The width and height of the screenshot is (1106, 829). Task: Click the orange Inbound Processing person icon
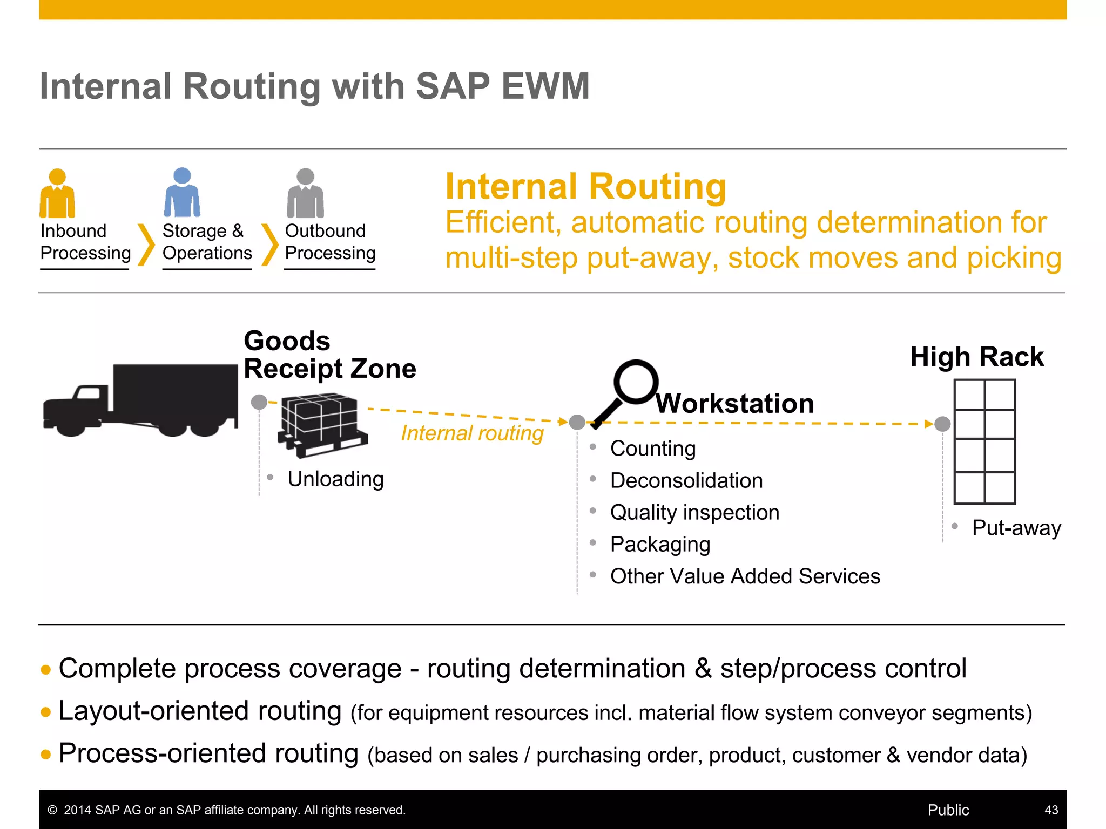coord(57,194)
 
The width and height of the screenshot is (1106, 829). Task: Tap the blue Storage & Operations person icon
coord(182,193)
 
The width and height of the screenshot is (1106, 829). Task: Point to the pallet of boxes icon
coord(322,425)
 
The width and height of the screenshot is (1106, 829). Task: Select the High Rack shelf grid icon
coord(984,441)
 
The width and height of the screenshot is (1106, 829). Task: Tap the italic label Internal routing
coord(472,433)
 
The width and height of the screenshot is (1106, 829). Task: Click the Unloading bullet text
coord(335,479)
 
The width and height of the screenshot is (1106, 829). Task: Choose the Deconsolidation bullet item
coord(686,480)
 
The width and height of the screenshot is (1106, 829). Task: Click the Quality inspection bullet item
coord(694,512)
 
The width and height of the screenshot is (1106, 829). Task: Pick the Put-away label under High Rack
coord(1016,528)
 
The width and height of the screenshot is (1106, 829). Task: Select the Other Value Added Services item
coord(745,576)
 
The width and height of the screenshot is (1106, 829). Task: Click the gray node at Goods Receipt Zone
coord(259,402)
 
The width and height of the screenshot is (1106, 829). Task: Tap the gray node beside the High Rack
coord(942,424)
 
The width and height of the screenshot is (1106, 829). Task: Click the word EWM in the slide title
coord(545,86)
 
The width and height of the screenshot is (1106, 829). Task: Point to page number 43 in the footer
coord(1051,810)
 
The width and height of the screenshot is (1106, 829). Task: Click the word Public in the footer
coord(948,810)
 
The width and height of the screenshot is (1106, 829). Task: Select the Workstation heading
coord(734,404)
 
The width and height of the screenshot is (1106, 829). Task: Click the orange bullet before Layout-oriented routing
coord(46,712)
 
